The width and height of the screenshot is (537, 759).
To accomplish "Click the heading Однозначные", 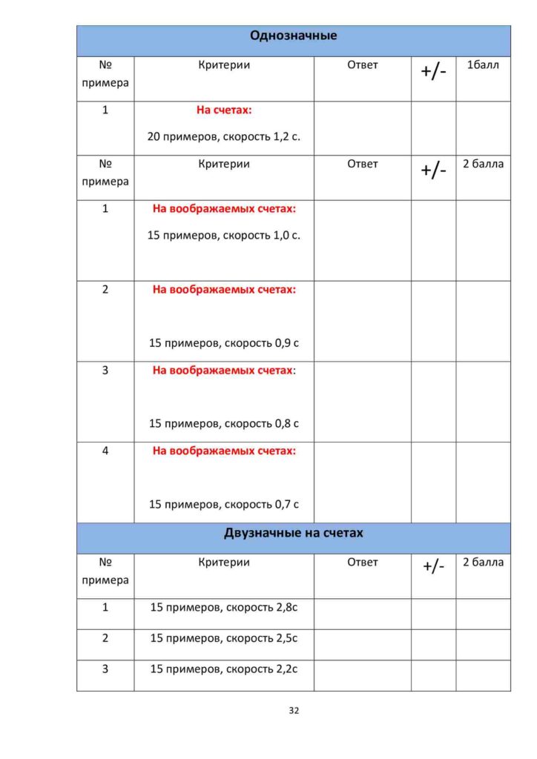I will click(293, 36).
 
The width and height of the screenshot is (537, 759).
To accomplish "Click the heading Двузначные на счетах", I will click(293, 533).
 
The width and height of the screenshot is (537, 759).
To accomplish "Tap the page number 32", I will click(294, 710).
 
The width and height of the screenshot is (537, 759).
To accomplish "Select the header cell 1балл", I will click(483, 65).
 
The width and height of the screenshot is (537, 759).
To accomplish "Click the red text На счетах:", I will click(224, 110).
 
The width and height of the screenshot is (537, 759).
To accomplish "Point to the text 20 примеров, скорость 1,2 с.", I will click(224, 136).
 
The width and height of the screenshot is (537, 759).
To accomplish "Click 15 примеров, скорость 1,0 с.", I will click(224, 235).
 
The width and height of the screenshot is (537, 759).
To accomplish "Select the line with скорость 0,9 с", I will click(224, 343).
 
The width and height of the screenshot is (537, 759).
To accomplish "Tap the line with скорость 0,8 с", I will click(224, 424).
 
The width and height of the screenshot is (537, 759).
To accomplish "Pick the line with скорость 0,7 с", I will click(224, 505).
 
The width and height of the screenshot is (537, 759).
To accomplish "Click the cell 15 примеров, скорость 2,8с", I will click(224, 607).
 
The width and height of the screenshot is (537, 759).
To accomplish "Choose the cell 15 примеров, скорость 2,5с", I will click(224, 637).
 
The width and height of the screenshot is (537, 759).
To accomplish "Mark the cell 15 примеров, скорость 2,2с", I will click(224, 669).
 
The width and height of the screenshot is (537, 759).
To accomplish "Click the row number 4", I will click(105, 450).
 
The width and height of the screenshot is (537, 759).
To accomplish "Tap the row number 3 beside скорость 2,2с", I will click(105, 669).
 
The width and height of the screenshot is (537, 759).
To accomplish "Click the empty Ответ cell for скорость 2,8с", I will click(362, 614).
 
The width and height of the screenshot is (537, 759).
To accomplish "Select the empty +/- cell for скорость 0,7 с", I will click(433, 482).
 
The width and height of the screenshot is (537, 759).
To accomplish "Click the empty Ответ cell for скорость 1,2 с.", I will click(362, 127).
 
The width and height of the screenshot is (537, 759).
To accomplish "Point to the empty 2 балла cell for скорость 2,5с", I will click(483, 644).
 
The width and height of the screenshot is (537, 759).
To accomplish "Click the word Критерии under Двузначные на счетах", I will click(224, 562).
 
